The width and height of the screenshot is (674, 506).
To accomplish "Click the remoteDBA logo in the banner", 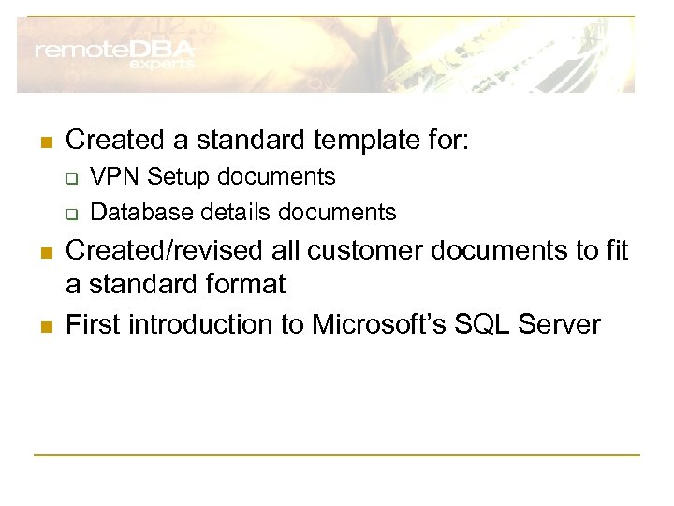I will click(x=114, y=50).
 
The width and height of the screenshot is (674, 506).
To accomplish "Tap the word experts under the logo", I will click(x=161, y=65).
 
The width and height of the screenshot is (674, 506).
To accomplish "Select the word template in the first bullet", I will click(x=358, y=141).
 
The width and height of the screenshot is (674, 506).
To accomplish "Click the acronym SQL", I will click(x=485, y=324).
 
